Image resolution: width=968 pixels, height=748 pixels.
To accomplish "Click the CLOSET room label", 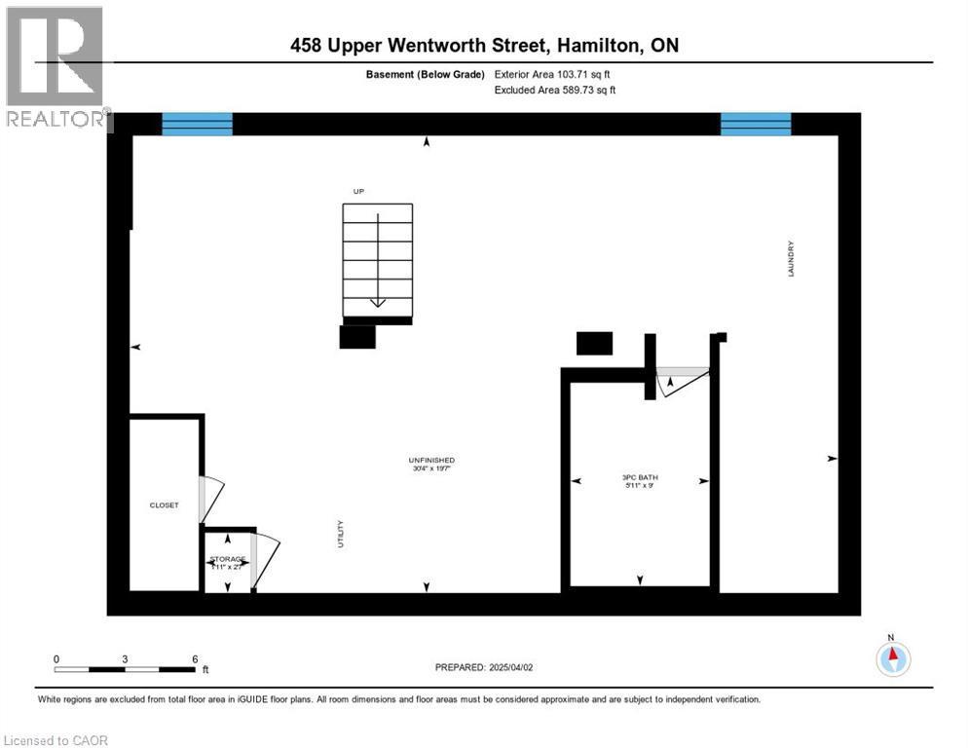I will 164,505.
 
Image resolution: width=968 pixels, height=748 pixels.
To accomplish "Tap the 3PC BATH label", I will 640,476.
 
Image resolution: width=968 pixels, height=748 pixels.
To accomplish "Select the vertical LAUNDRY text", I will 792,259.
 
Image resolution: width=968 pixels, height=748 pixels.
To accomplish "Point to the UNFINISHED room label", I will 431,460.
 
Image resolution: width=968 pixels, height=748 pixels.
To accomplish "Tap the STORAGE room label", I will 228,559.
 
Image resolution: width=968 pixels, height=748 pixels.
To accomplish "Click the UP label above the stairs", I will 358,191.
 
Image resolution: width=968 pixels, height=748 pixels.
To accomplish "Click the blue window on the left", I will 197,124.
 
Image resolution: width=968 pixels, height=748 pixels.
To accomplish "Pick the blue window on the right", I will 756,124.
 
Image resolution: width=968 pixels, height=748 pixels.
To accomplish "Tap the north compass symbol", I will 892,658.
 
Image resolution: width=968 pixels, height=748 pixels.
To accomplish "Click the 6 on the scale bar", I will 195,659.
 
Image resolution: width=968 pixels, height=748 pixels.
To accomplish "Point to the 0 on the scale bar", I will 56,659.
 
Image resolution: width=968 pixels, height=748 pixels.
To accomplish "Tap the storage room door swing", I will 264,560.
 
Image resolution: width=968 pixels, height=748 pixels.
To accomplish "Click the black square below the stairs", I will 357,336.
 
